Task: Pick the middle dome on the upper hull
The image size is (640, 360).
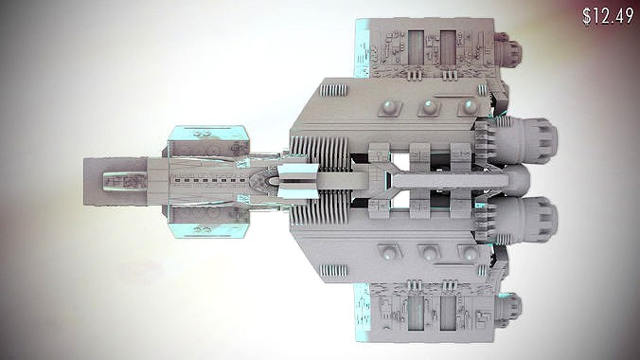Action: [428, 105]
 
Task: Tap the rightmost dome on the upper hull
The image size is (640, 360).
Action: [466, 105]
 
